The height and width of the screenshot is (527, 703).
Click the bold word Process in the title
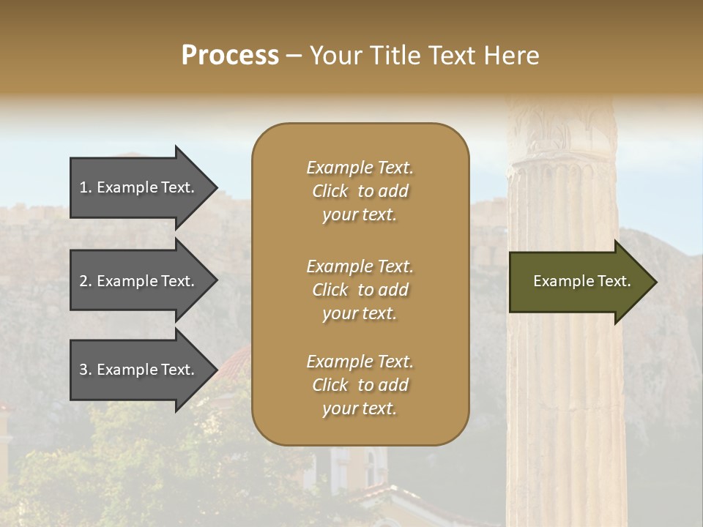230,55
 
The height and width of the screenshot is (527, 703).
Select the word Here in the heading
510,55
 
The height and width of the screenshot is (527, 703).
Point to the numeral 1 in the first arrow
83,187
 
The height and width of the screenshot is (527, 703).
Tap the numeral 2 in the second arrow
83,281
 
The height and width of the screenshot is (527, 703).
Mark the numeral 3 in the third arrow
83,370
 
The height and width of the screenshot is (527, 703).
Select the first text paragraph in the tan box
360,191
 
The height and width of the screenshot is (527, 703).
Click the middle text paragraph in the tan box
360,290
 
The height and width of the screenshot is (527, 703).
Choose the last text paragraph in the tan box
360,385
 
